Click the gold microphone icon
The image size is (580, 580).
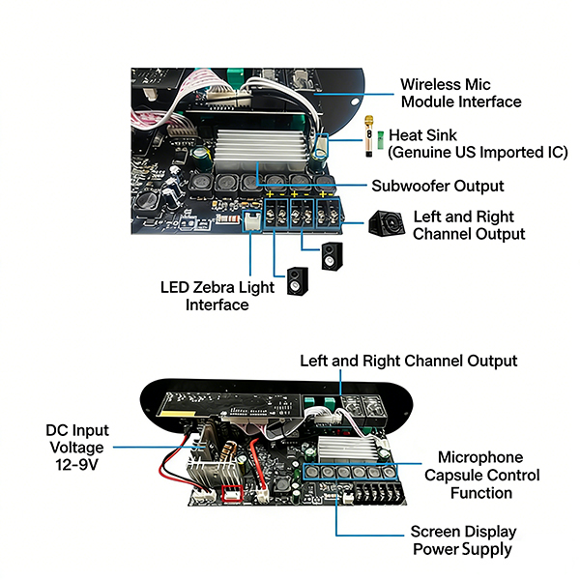click(368, 138)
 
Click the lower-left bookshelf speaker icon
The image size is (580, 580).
click(296, 281)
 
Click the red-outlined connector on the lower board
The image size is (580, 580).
click(233, 494)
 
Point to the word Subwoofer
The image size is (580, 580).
click(408, 186)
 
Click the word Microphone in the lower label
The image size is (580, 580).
click(480, 457)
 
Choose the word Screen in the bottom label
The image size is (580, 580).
click(436, 532)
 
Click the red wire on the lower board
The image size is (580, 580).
click(256, 453)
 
